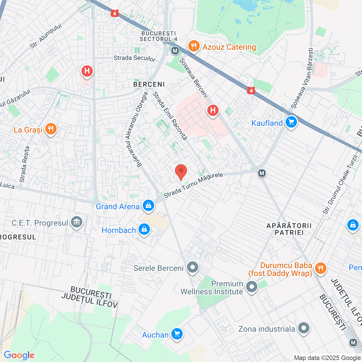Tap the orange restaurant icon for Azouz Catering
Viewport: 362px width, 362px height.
pos(194,46)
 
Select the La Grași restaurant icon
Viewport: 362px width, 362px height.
pos(51,129)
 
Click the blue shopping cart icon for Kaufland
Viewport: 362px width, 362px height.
pos(291,122)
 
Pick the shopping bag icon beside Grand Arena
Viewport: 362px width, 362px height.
pos(148,206)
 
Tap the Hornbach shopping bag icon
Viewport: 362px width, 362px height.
pos(144,229)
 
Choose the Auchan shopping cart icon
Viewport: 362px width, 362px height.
pos(177,334)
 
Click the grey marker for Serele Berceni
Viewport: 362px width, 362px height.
pos(193,267)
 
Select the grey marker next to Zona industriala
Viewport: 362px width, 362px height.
pos(304,328)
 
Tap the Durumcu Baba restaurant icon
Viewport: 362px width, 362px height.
pos(320,268)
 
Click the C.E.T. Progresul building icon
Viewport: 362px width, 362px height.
pos(77,222)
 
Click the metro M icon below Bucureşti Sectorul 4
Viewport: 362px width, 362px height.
pos(175,51)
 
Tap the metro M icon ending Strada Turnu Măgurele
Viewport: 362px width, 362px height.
pos(262,173)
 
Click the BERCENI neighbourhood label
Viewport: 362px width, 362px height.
pos(149,85)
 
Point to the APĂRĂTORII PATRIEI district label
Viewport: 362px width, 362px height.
pos(289,229)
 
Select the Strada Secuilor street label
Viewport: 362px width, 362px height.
pos(135,58)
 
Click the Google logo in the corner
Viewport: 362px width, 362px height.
pos(19,355)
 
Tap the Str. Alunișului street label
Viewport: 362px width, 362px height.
pos(46,36)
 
